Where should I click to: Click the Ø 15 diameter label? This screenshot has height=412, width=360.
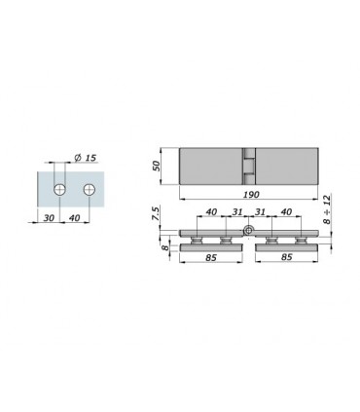[86, 158]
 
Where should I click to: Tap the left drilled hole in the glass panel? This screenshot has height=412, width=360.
[60, 189]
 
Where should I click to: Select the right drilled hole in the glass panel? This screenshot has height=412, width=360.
[90, 189]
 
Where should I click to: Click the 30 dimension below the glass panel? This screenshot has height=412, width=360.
[49, 217]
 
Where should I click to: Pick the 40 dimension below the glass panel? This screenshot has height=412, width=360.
[74, 217]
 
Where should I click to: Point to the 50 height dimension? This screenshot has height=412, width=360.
[157, 166]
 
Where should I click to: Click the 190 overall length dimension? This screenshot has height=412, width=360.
[251, 195]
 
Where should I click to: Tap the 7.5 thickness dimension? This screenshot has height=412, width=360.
[156, 214]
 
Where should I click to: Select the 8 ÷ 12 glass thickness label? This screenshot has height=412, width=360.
[327, 208]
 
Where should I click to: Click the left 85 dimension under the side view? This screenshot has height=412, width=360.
[211, 257]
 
